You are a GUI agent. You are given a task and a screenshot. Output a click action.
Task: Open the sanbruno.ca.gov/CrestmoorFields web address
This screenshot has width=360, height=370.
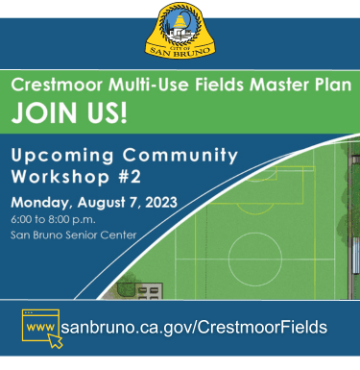[193, 327]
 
